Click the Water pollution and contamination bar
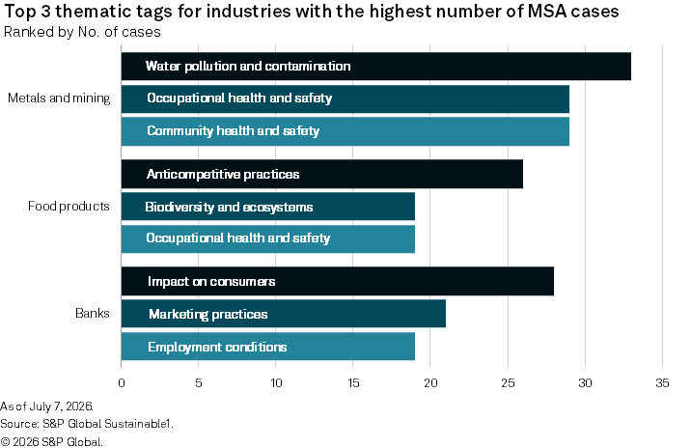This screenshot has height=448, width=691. pyautogui.click(x=376, y=67)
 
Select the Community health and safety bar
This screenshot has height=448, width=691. pyautogui.click(x=345, y=131)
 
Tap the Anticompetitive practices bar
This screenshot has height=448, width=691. pyautogui.click(x=322, y=174)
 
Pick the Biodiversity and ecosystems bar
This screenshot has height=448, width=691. pyautogui.click(x=268, y=207)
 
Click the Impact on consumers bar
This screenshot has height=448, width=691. pyautogui.click(x=338, y=281)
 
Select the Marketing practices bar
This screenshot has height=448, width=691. pyautogui.click(x=284, y=314)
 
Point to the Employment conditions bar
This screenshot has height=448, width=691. pyautogui.click(x=268, y=347)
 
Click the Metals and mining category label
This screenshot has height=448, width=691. pyautogui.click(x=59, y=98)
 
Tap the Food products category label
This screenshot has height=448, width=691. pyautogui.click(x=69, y=206)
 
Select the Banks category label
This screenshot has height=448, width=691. pyautogui.click(x=93, y=313)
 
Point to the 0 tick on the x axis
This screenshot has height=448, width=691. pyautogui.click(x=122, y=382)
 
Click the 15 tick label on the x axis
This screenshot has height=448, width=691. pyautogui.click(x=353, y=382)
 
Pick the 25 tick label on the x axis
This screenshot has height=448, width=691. pyautogui.click(x=508, y=382)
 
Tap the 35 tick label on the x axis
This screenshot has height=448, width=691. pyautogui.click(x=662, y=382)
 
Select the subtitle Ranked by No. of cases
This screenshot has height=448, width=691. pyautogui.click(x=82, y=32)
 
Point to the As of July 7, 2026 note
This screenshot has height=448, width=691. pyautogui.click(x=46, y=406)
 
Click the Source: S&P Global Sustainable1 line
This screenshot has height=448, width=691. pyautogui.click(x=87, y=424)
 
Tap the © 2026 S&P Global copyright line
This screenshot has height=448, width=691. pyautogui.click(x=51, y=441)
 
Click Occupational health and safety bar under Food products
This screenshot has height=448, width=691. pyautogui.click(x=268, y=239)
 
